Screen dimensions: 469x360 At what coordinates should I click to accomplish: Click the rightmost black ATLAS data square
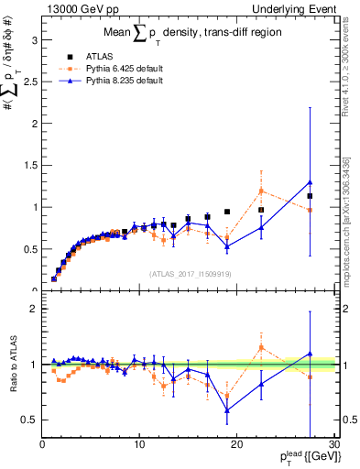[310, 196]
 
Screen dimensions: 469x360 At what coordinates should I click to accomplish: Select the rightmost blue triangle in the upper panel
[310, 182]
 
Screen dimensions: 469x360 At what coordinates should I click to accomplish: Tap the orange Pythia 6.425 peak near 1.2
[261, 191]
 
